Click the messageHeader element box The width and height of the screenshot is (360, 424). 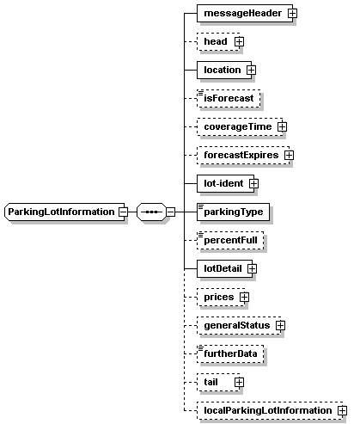[x=245, y=13]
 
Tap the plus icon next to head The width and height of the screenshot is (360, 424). [x=239, y=42]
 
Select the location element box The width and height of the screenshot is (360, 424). [x=224, y=70]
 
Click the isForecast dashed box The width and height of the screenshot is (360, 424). [x=229, y=98]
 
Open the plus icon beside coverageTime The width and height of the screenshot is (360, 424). [x=282, y=126]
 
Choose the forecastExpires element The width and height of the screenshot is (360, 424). [x=243, y=155]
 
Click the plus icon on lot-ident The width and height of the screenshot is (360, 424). [x=253, y=183]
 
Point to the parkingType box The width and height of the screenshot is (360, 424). [x=233, y=212]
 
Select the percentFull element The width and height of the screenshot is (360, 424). [x=230, y=240]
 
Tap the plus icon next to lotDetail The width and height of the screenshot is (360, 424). [x=252, y=268]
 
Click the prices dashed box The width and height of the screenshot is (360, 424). [x=221, y=297]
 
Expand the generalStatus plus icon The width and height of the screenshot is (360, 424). [x=280, y=325]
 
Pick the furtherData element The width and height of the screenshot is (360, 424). [x=230, y=353]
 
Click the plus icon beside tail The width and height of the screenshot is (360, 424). [x=239, y=382]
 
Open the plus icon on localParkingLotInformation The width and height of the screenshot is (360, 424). [x=342, y=410]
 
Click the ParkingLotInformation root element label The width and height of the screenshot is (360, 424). [x=61, y=212]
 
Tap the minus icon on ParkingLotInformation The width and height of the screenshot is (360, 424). [x=124, y=212]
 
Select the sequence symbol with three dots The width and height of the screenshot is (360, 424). [x=151, y=212]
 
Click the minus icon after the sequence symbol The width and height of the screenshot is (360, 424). [x=171, y=212]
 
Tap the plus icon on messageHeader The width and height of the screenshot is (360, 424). [x=292, y=13]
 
